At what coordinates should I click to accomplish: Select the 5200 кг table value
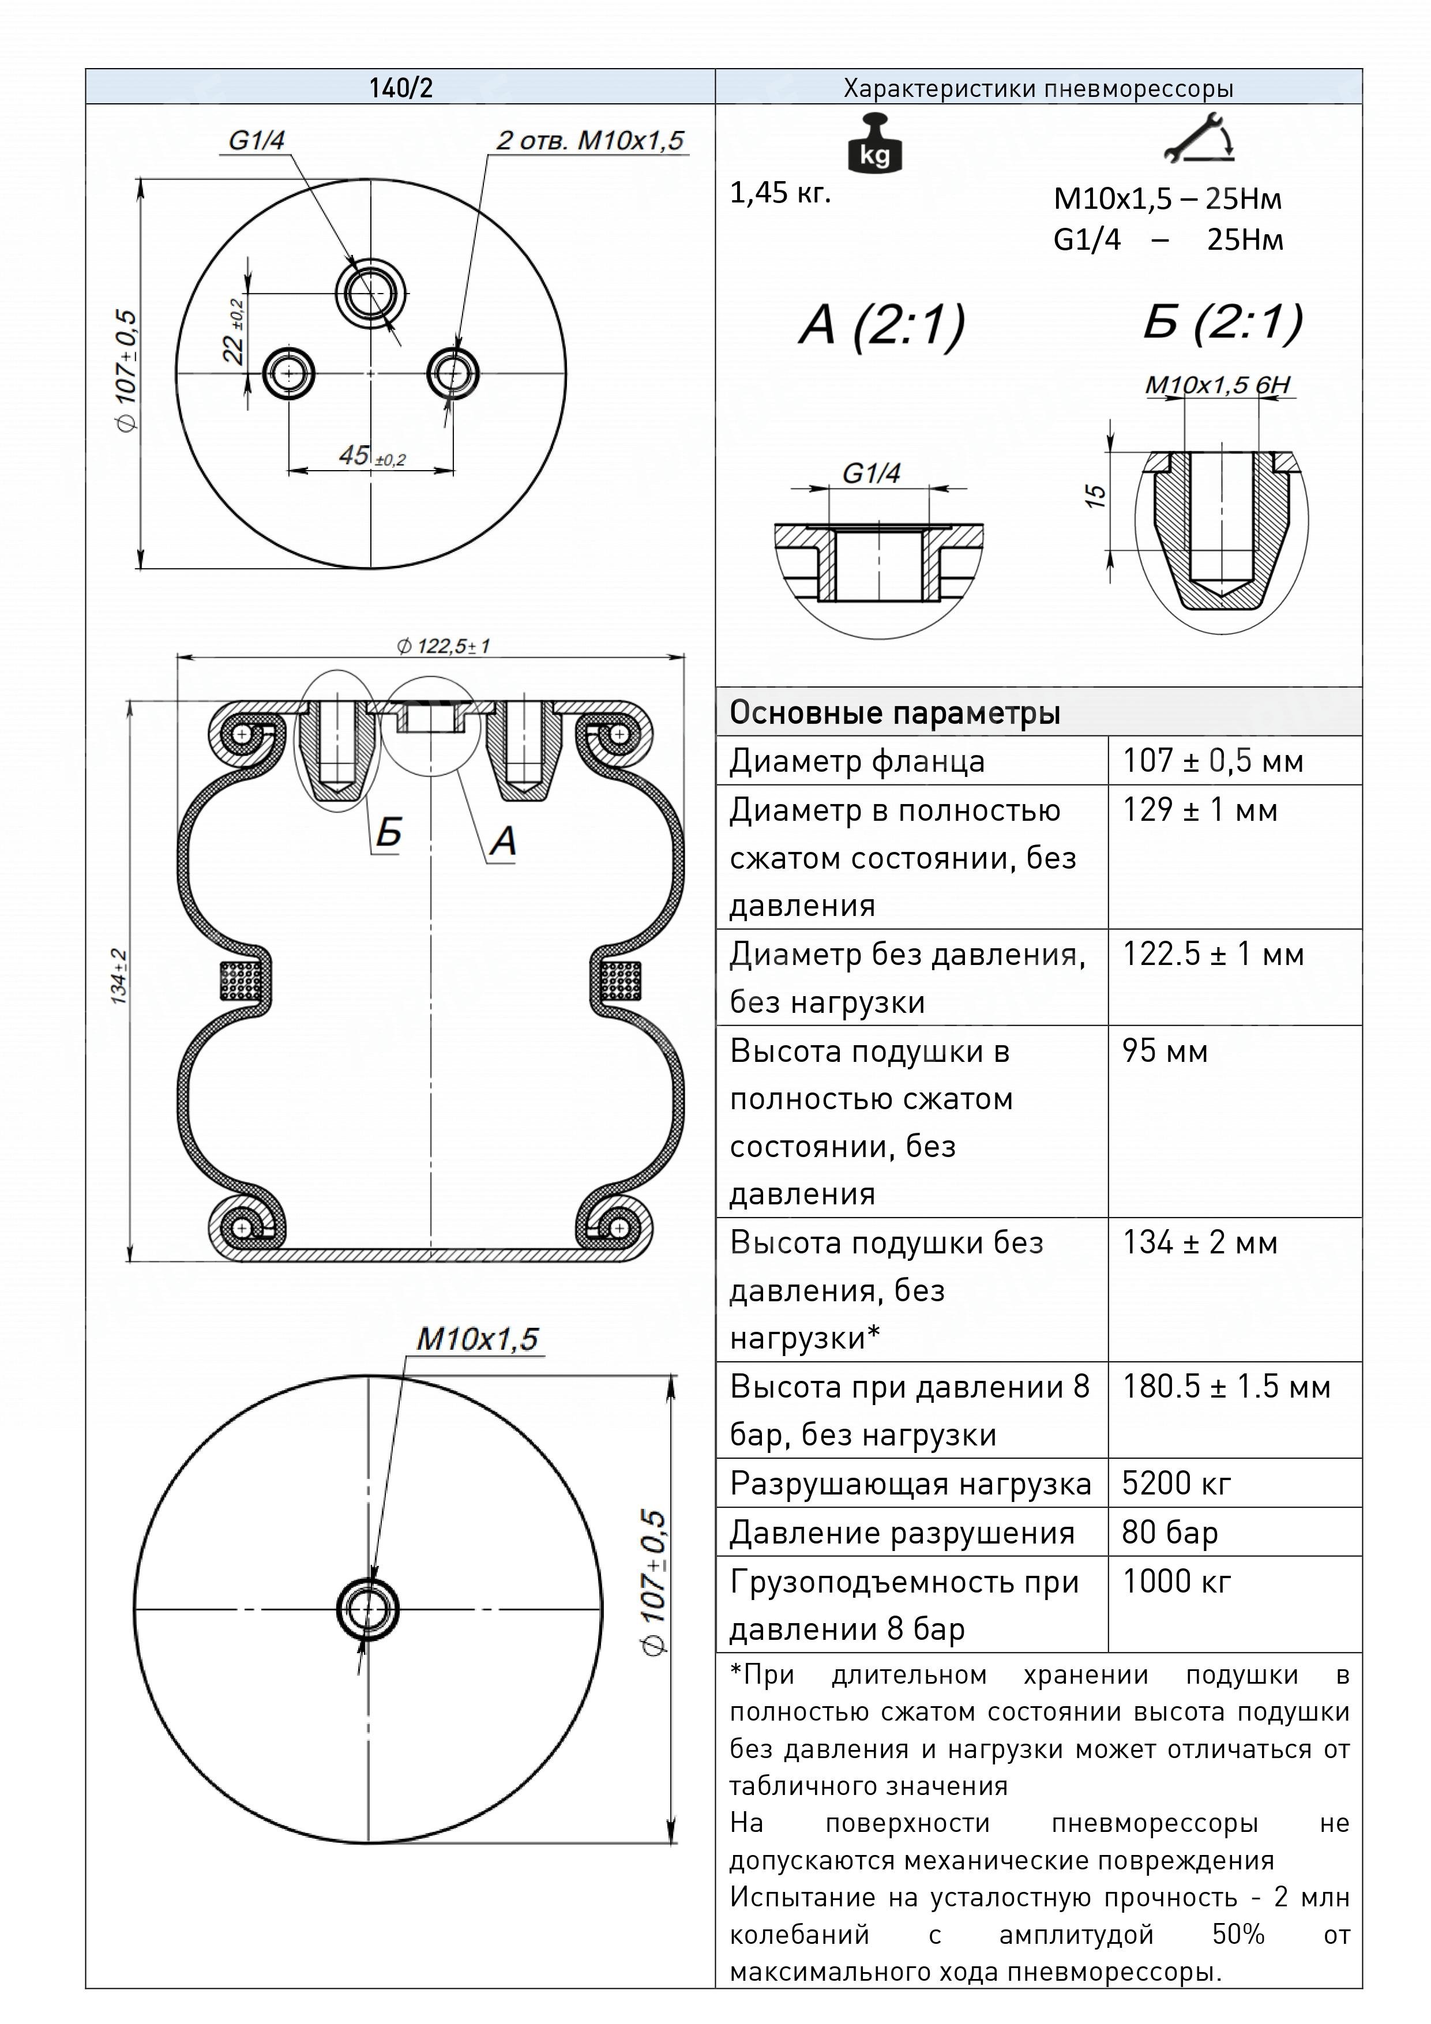(1175, 1484)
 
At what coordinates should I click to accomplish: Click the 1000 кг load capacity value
(1175, 1582)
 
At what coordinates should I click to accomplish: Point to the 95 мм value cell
(1164, 1051)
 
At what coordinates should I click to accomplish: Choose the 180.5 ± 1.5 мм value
(1226, 1387)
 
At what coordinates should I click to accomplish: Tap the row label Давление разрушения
(901, 1533)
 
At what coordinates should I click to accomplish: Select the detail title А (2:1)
(882, 325)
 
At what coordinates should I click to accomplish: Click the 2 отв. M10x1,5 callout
(590, 141)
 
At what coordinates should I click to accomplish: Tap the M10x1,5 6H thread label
(1218, 385)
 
